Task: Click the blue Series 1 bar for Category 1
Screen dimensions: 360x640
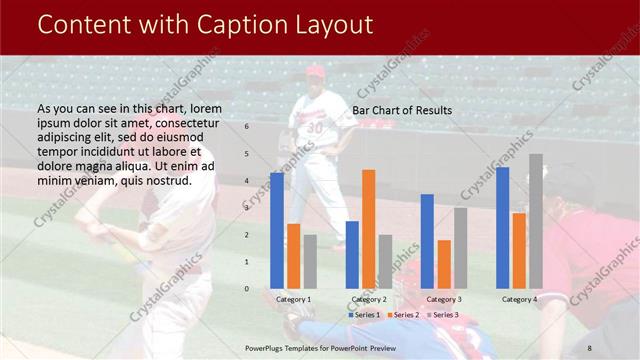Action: [x=277, y=231]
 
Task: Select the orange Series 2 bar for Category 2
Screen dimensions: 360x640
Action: [x=369, y=229]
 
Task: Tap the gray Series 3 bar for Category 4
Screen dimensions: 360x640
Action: [x=536, y=221]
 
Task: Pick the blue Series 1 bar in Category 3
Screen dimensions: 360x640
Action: [x=427, y=241]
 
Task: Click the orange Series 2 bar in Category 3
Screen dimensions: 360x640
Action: [x=444, y=264]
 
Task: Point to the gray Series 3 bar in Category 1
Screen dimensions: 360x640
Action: [x=310, y=262]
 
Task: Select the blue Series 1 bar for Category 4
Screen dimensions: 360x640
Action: [x=502, y=228]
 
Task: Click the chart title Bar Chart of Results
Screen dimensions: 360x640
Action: [x=402, y=110]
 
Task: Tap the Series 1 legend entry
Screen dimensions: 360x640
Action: [x=364, y=315]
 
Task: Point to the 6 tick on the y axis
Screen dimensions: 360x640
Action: [x=246, y=127]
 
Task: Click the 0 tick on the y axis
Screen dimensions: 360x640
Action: [x=246, y=289]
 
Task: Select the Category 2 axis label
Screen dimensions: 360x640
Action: [x=368, y=300]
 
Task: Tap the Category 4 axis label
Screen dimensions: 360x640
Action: [x=519, y=300]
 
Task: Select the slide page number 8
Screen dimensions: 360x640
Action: [x=590, y=347]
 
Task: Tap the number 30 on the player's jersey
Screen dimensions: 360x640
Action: [x=315, y=128]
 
